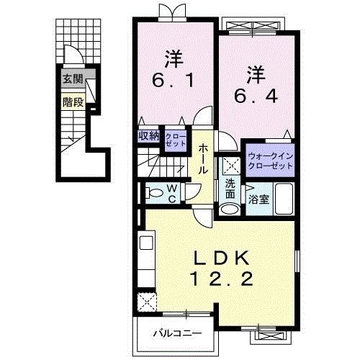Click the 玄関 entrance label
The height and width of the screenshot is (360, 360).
pos(73,78)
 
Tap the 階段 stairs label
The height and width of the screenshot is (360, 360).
pos(73,102)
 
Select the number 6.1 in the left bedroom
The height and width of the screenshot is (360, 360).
pos(173,81)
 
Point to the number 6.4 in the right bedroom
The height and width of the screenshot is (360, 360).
pos(256,96)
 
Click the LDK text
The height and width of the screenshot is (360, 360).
pos(221,258)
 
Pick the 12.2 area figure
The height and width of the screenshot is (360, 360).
pos(222,279)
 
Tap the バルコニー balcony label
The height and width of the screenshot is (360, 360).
pos(178,333)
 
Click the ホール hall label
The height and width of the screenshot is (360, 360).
pos(203,159)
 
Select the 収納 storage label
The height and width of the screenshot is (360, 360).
pos(149,136)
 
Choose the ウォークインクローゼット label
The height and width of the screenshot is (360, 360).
pos(271,161)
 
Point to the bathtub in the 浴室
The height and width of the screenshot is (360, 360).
pos(284,199)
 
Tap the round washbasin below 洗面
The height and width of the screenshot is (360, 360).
pos(230,209)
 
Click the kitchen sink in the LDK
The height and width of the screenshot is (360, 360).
pos(146,243)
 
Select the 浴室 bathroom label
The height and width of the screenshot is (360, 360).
pos(258,199)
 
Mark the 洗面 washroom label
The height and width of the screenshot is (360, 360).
pos(230,189)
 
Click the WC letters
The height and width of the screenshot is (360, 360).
pos(172,194)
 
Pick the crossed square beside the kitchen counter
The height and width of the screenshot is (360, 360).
pos(147,302)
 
